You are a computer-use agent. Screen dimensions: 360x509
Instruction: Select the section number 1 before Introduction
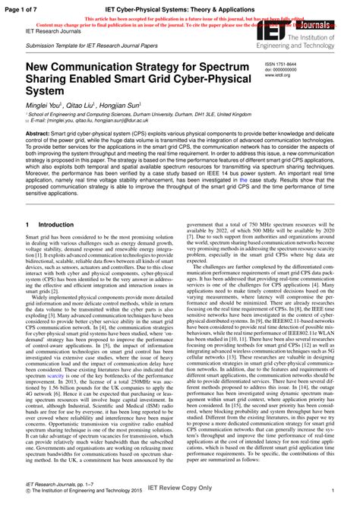pyautogui.click(x=27, y=226)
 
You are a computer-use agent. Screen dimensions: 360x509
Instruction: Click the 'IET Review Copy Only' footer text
pyautogui.click(x=179, y=501)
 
